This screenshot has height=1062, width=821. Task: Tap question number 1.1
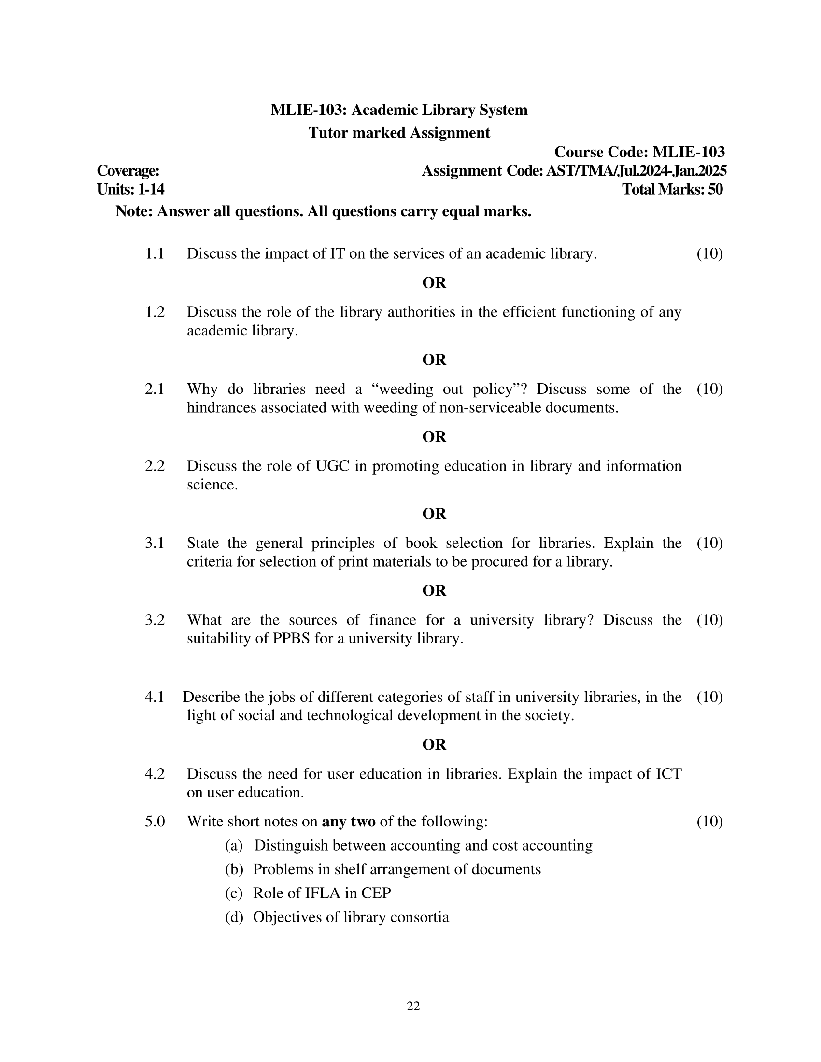click(x=155, y=254)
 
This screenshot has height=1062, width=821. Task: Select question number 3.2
click(x=155, y=620)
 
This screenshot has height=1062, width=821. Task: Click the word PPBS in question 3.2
click(x=291, y=639)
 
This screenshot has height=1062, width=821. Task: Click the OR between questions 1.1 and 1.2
click(x=434, y=283)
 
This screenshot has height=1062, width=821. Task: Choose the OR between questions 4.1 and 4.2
click(x=434, y=744)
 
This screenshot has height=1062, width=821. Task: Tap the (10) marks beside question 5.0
click(x=709, y=822)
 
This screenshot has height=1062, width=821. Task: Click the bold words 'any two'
click(x=348, y=822)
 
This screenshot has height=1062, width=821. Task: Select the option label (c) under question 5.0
click(x=233, y=893)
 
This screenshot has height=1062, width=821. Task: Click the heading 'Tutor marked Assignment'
click(x=399, y=133)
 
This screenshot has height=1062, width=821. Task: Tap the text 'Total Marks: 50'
click(x=672, y=190)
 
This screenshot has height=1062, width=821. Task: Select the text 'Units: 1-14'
click(x=130, y=190)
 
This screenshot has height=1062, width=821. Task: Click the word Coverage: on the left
click(x=128, y=171)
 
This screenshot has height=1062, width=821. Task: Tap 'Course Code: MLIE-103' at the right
click(x=639, y=152)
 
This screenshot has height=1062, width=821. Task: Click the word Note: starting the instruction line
click(x=134, y=212)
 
